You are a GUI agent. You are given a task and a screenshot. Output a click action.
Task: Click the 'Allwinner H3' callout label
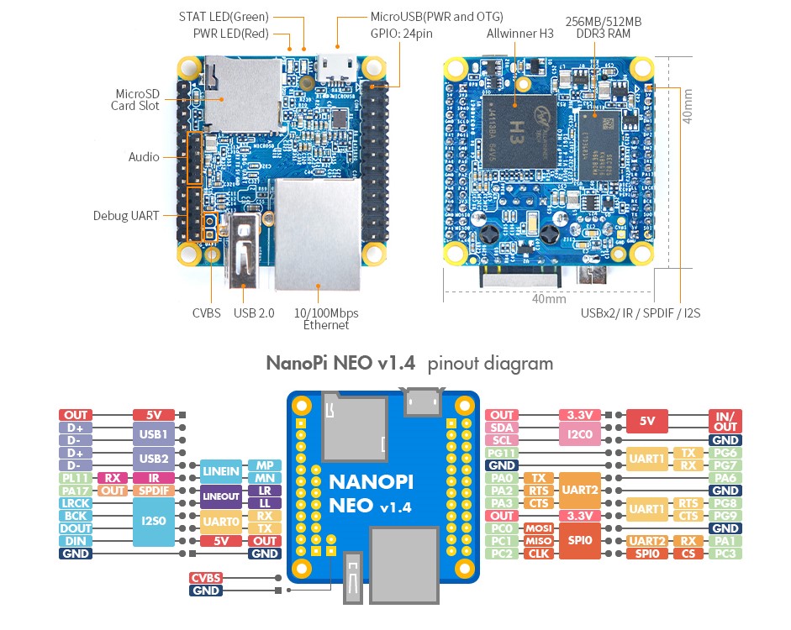click(x=519, y=34)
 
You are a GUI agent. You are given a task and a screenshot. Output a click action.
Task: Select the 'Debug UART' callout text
click(x=125, y=216)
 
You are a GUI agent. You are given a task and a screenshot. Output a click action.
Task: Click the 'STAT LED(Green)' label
click(x=224, y=16)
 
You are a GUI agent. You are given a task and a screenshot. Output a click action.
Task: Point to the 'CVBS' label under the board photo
click(x=206, y=313)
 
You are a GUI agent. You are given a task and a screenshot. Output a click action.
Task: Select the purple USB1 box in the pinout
click(x=152, y=433)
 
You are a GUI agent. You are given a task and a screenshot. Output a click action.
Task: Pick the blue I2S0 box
click(x=152, y=522)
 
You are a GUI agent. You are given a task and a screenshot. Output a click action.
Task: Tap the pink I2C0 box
click(x=578, y=433)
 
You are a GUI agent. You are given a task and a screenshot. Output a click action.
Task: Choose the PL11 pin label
click(x=75, y=478)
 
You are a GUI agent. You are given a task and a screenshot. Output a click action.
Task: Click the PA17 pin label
click(x=75, y=491)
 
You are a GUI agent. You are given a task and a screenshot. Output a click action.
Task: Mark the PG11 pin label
click(x=502, y=453)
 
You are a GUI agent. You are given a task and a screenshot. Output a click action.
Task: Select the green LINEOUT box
click(x=220, y=496)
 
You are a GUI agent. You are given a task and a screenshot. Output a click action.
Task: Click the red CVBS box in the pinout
click(x=206, y=578)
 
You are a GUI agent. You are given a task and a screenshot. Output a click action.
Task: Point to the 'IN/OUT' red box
click(x=725, y=421)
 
